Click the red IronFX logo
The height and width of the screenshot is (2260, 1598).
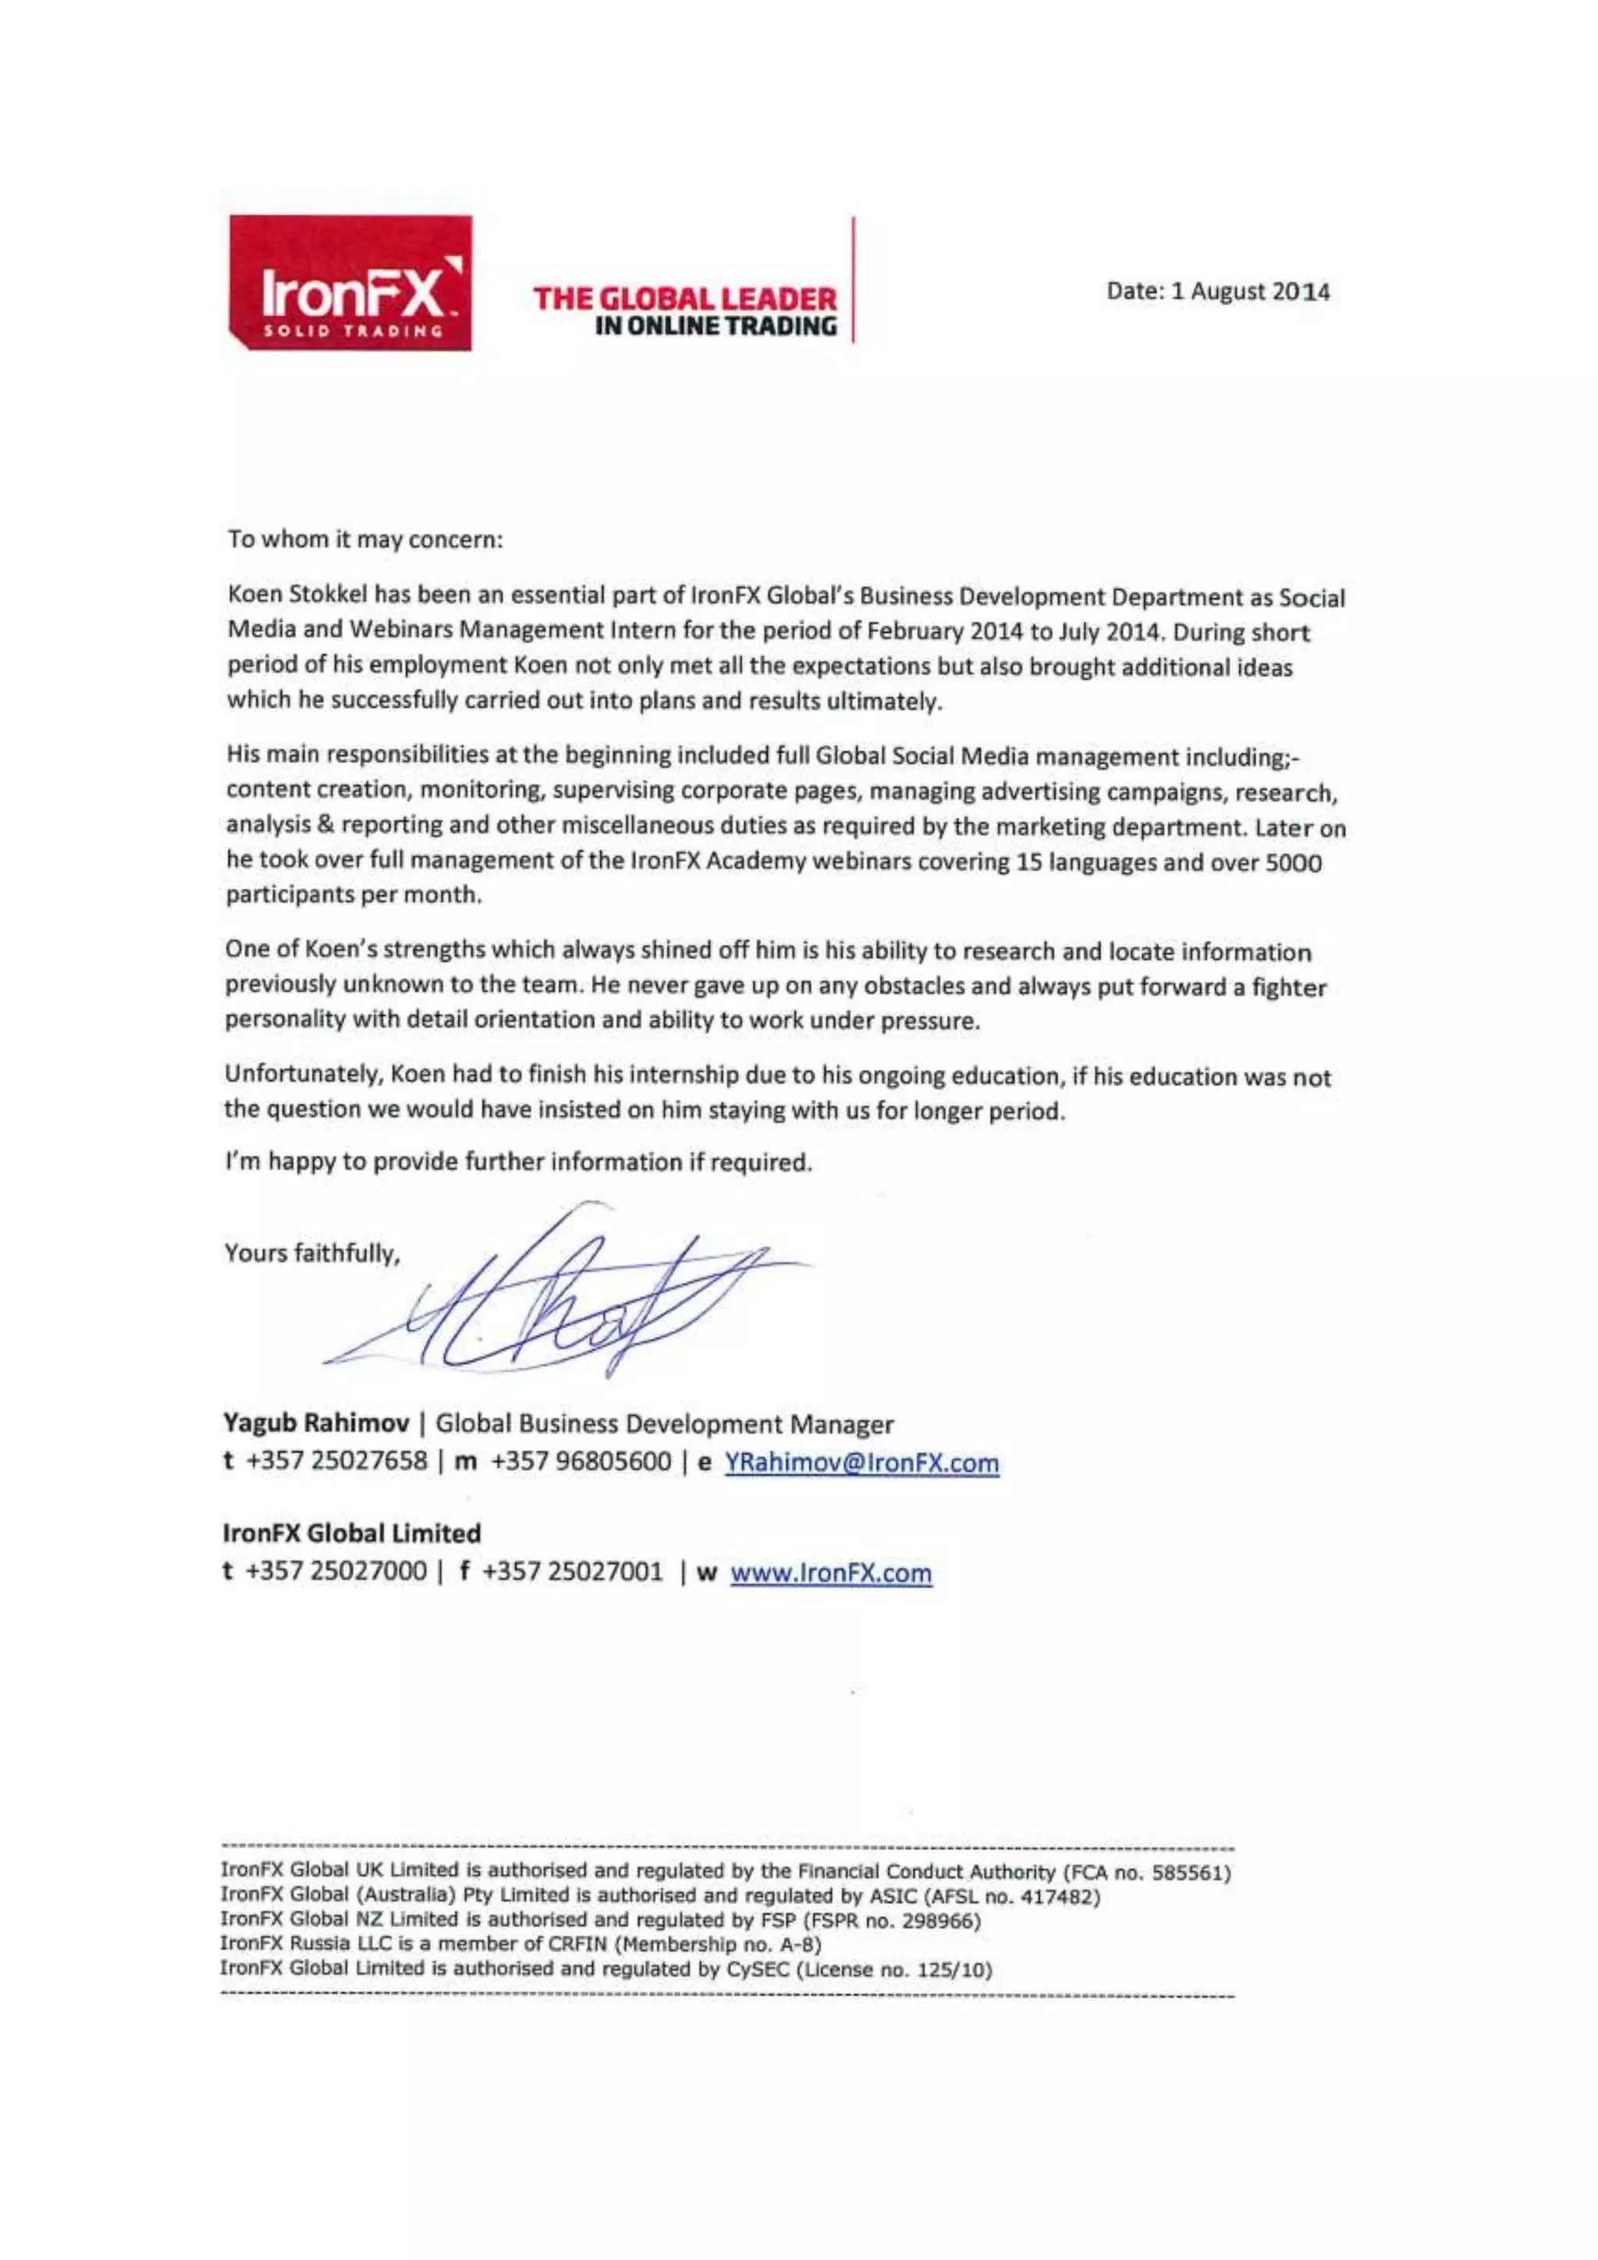350,283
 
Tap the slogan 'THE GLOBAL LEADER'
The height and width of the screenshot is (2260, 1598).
685,298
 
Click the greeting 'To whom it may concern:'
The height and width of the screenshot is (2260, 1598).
365,539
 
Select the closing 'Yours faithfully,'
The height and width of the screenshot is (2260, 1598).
312,1253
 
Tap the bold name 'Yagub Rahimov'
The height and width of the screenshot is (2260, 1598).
316,1423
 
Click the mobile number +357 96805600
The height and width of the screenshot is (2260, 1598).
581,1462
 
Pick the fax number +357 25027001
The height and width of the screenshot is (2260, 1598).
573,1572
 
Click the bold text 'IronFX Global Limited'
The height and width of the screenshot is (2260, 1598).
352,1533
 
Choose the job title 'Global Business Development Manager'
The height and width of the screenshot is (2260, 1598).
664,1423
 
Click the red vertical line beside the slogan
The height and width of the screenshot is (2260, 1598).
853,280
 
